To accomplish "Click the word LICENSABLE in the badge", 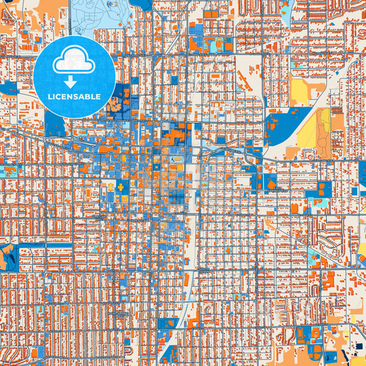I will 74,97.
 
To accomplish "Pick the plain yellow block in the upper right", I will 300,90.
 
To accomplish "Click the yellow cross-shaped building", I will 122,187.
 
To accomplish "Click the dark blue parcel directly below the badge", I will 54,124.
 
